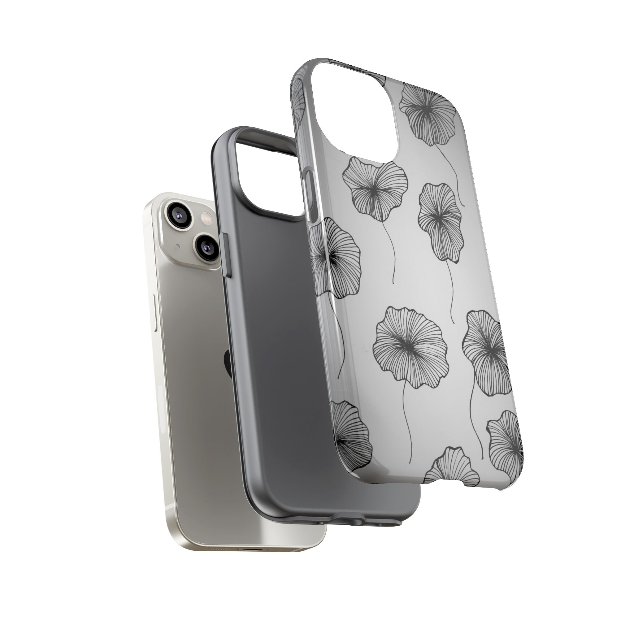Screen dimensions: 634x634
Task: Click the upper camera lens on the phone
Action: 179,213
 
